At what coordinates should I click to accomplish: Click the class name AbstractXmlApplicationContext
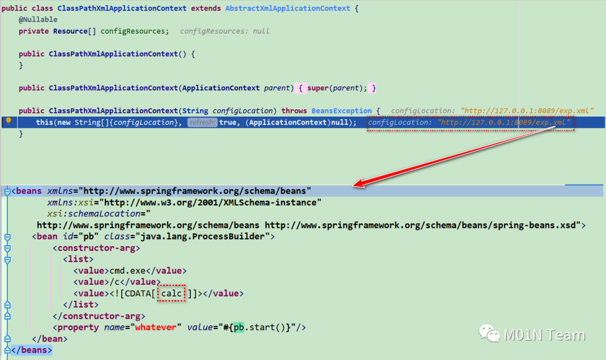tap(287, 8)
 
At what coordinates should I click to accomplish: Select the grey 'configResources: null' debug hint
tap(224, 31)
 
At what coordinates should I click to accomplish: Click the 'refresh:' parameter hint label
tap(202, 122)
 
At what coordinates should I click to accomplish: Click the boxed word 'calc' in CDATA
tap(171, 293)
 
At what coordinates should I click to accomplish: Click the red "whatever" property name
tap(155, 327)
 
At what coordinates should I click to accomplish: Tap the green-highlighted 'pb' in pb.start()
tap(239, 327)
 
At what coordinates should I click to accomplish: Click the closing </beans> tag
tap(31, 350)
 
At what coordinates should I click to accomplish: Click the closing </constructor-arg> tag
tap(99, 316)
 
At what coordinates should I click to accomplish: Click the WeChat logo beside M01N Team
tap(489, 335)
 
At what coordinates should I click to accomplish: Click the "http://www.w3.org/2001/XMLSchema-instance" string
tap(213, 202)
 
